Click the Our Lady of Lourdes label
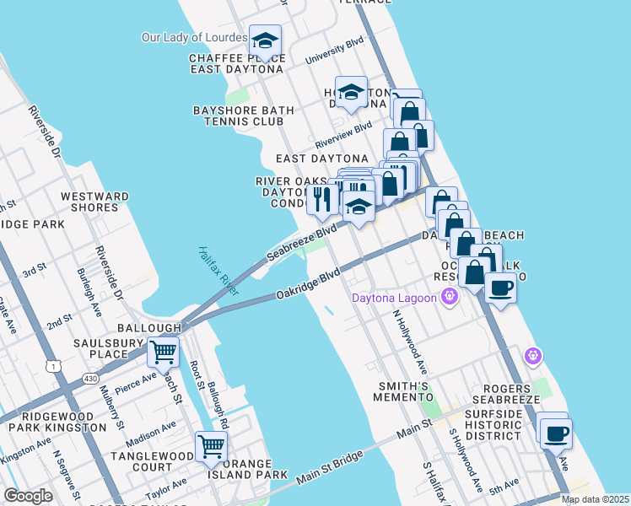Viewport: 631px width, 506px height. tap(194, 38)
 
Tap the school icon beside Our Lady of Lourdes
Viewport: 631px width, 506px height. tap(266, 41)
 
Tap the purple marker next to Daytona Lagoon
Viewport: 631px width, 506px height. tap(450, 297)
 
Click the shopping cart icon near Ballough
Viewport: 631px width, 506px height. tap(164, 352)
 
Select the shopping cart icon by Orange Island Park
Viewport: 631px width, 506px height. tap(212, 446)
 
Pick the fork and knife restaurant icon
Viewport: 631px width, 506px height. tap(322, 199)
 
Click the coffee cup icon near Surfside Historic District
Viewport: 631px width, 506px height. tap(555, 434)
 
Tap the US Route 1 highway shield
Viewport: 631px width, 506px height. tap(55, 364)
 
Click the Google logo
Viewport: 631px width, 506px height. tap(28, 496)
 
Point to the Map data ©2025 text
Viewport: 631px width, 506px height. tap(595, 499)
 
